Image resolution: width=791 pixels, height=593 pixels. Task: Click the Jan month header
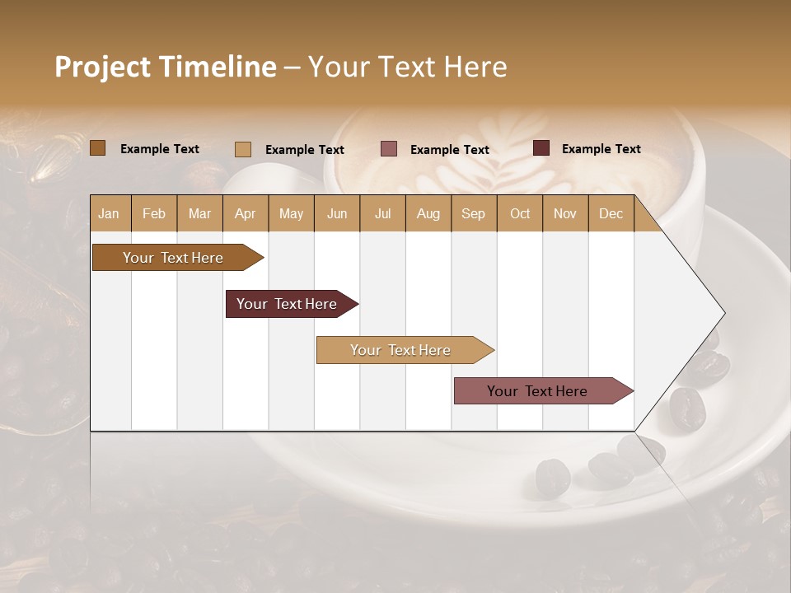pyautogui.click(x=110, y=213)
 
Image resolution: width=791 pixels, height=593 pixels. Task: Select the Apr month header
pyautogui.click(x=246, y=213)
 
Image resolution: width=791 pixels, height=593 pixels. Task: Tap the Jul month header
pyautogui.click(x=382, y=213)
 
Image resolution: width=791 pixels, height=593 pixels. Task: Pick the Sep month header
pyautogui.click(x=473, y=213)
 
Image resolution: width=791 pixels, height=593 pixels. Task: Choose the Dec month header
pyautogui.click(x=611, y=213)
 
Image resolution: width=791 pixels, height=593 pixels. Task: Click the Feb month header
pyautogui.click(x=154, y=213)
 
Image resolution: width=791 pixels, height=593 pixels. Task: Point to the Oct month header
pyautogui.click(x=519, y=213)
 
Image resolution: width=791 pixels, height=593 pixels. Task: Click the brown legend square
pyautogui.click(x=97, y=148)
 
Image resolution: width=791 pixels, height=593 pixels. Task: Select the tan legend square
pyautogui.click(x=242, y=149)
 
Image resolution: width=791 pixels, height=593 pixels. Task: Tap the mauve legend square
pyautogui.click(x=388, y=149)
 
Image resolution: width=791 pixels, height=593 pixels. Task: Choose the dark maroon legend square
pyautogui.click(x=541, y=148)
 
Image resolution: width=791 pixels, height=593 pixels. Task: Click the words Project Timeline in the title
pyautogui.click(x=166, y=67)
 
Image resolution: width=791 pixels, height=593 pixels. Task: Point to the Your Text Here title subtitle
pyautogui.click(x=407, y=67)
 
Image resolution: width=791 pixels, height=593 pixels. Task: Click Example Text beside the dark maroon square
pyautogui.click(x=601, y=149)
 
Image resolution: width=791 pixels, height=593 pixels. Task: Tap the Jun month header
pyautogui.click(x=337, y=213)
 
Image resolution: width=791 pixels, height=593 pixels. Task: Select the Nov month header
pyautogui.click(x=565, y=213)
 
